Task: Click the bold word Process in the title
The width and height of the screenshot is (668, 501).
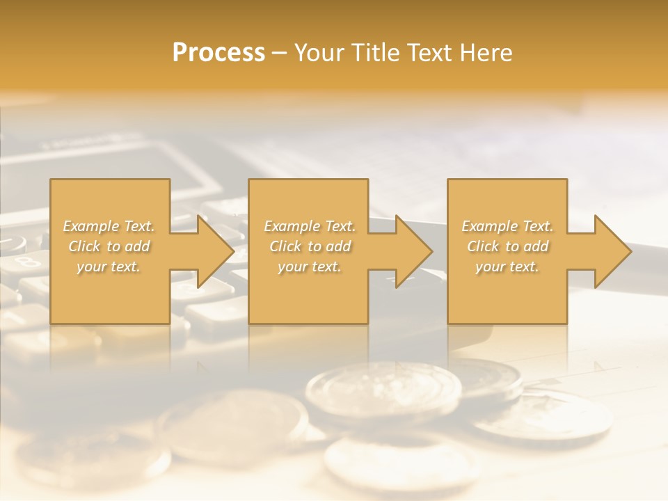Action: pyautogui.click(x=218, y=53)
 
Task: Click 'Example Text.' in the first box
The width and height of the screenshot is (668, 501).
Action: pyautogui.click(x=109, y=226)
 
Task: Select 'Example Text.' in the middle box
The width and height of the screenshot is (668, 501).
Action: pyautogui.click(x=309, y=226)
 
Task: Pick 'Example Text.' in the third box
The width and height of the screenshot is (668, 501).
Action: pyautogui.click(x=507, y=226)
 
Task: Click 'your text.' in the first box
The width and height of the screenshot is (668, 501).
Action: pyautogui.click(x=109, y=267)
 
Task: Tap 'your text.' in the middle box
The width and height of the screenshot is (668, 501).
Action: pyautogui.click(x=309, y=267)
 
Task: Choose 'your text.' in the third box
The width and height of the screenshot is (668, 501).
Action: pyautogui.click(x=507, y=267)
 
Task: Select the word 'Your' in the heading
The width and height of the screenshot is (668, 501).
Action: pyautogui.click(x=317, y=53)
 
